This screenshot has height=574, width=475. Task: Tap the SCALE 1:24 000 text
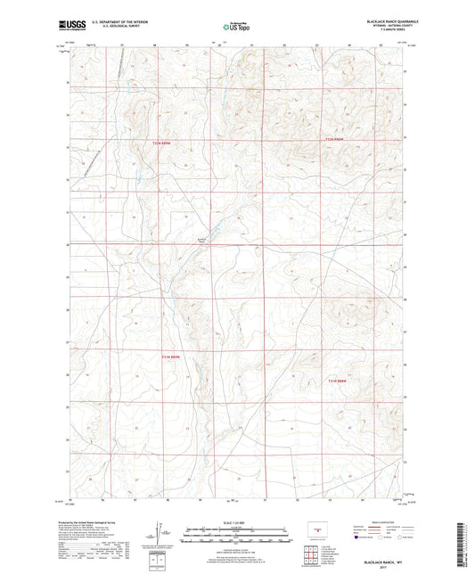click(237, 523)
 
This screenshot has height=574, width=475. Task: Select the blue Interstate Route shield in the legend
click(357, 538)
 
